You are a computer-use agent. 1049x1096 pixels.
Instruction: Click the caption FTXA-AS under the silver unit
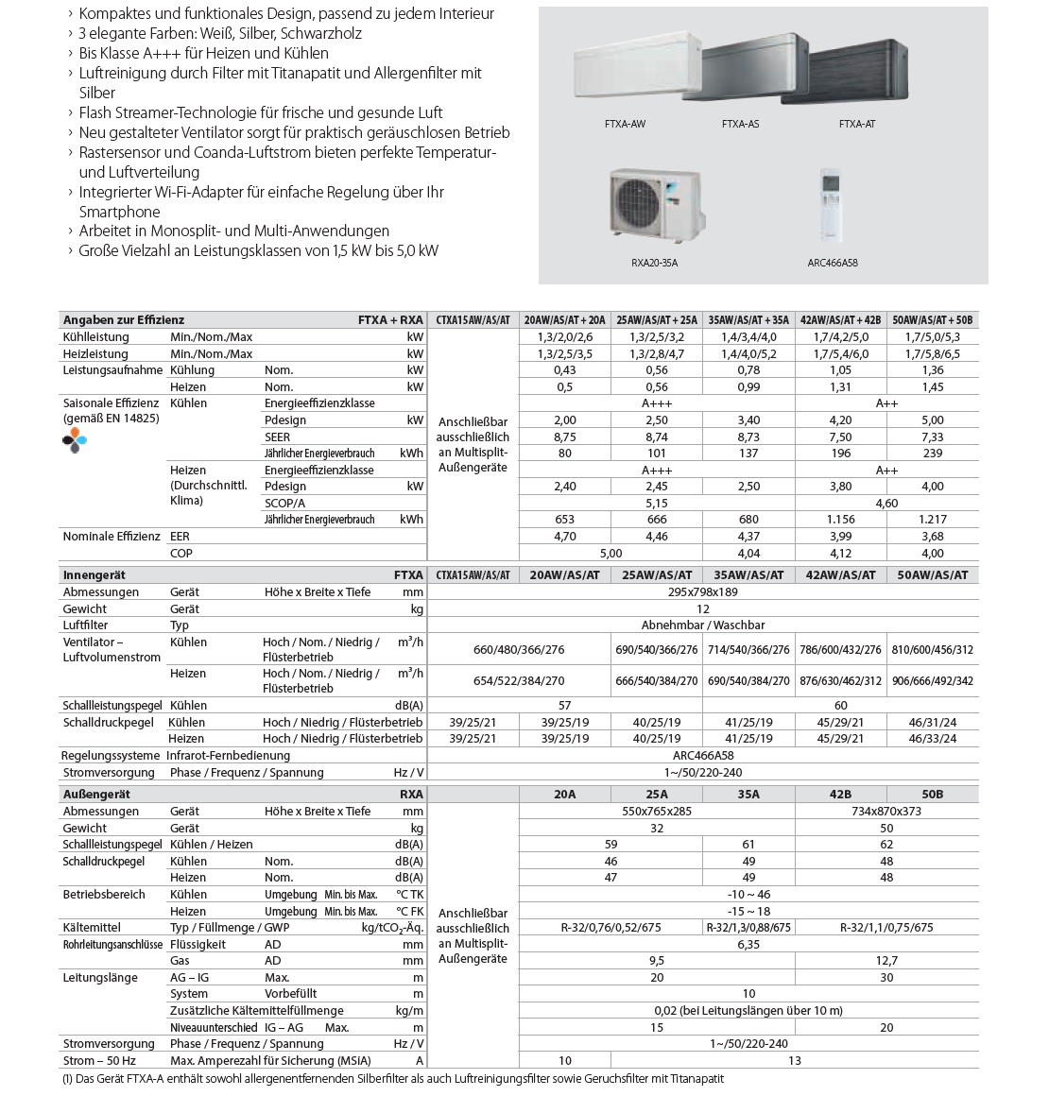(x=740, y=124)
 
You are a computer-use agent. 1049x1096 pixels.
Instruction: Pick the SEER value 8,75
(x=564, y=437)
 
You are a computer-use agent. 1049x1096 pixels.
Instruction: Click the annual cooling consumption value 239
(x=932, y=454)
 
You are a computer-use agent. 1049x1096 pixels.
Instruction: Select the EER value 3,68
(x=932, y=537)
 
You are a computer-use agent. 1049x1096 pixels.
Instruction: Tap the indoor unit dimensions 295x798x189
(x=702, y=592)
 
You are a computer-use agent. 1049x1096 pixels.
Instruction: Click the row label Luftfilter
(x=85, y=625)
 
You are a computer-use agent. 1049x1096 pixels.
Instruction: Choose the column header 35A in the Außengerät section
(x=748, y=795)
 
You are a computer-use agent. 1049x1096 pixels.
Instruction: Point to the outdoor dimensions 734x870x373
(x=886, y=812)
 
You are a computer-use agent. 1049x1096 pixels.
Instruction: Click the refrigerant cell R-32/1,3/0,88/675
(x=748, y=928)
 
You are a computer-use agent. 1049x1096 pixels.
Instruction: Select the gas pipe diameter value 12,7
(x=886, y=961)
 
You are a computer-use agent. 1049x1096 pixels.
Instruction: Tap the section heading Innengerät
(x=94, y=574)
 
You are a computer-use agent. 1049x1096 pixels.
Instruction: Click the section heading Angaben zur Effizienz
(x=123, y=320)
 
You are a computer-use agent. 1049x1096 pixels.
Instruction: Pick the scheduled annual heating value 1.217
(x=932, y=520)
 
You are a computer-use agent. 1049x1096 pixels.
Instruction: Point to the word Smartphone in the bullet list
(x=119, y=212)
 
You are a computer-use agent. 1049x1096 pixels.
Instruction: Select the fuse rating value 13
(x=794, y=1061)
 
